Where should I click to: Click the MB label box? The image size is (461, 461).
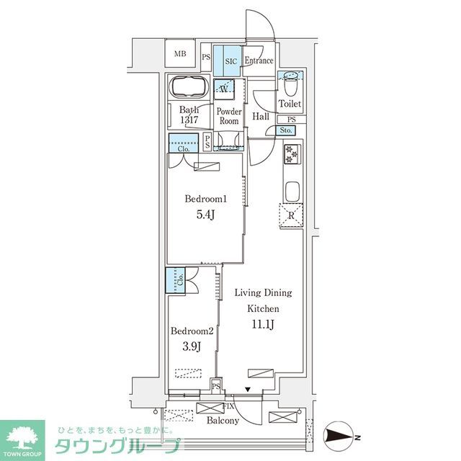point(179,53)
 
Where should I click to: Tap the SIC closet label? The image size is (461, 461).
point(230,61)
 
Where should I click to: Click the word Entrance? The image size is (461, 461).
point(258,61)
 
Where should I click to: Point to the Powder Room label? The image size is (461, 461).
point(228,117)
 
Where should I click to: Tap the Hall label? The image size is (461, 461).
point(260,117)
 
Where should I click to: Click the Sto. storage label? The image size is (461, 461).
point(285,130)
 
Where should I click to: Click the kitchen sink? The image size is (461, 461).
point(292,192)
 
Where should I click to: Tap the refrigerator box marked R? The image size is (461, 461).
point(292,215)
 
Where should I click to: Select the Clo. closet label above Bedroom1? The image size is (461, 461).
point(183,150)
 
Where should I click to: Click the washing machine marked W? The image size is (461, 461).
point(224,90)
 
